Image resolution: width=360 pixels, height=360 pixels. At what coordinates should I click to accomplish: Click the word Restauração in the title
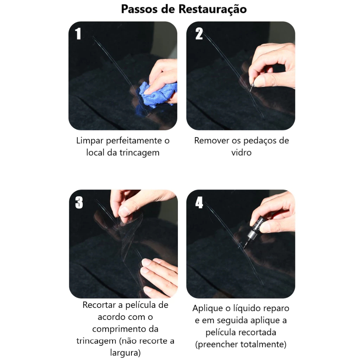[212, 9]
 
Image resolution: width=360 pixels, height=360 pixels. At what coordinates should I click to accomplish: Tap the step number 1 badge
[78, 33]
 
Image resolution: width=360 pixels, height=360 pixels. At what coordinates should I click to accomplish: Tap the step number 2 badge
[199, 33]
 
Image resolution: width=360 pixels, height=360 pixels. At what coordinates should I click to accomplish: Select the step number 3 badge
[79, 202]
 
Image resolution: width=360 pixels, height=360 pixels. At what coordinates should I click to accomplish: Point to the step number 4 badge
[199, 202]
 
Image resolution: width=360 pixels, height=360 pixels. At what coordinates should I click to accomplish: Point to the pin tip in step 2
[251, 90]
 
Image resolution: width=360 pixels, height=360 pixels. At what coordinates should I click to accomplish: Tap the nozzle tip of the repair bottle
[244, 248]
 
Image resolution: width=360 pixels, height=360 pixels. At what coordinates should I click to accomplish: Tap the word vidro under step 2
[241, 153]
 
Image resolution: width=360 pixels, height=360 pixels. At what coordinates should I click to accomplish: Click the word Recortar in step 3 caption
[99, 305]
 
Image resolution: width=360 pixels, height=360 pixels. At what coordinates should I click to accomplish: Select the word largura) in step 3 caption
[126, 353]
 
